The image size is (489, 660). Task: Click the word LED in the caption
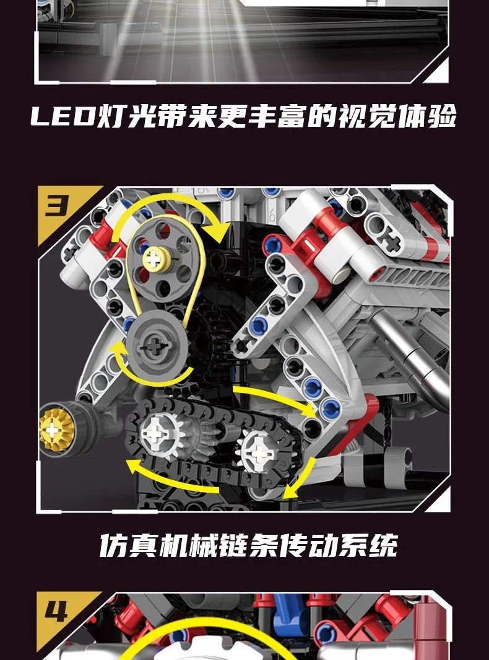tap(63, 116)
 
